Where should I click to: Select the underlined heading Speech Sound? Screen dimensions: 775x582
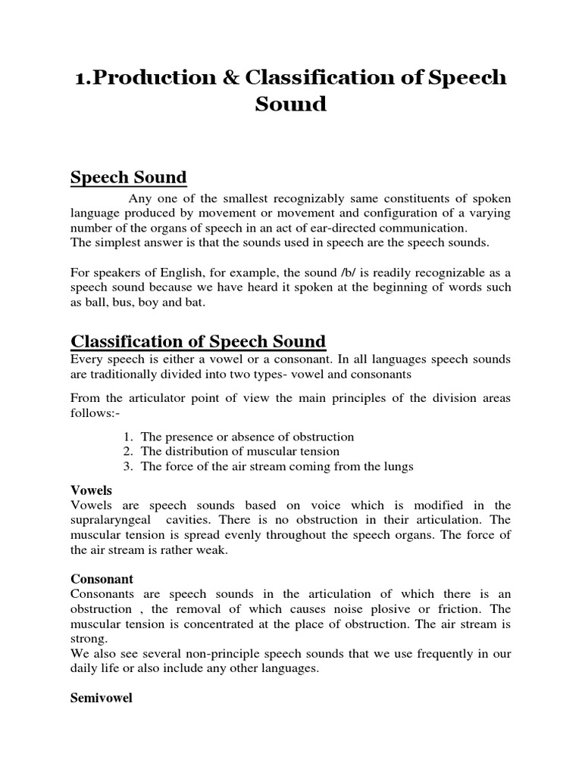tap(128, 178)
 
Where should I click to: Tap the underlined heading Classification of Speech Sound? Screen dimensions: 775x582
tap(198, 341)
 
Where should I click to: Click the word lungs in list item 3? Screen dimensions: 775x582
tap(397, 466)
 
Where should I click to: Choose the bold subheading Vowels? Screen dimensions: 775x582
tap(90, 490)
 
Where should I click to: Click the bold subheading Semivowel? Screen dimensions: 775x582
tap(101, 698)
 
